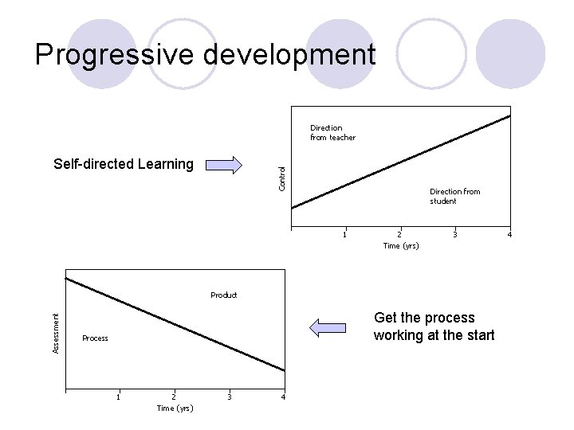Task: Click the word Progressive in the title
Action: pos(104,54)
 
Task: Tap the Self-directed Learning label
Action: pos(123,165)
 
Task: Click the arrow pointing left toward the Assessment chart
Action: pos(328,327)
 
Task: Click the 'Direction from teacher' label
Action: pos(332,132)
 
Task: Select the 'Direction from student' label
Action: pos(454,196)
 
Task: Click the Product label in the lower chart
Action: pos(223,295)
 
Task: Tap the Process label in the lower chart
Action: pos(95,338)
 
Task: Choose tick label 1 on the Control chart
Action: pos(344,235)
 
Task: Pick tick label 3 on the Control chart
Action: pos(454,235)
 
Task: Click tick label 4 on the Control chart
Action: pos(509,235)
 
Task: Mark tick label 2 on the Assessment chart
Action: pos(174,397)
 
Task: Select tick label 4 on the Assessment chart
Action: pos(283,397)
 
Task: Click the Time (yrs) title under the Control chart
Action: pos(400,246)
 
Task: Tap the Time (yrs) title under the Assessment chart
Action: pos(175,408)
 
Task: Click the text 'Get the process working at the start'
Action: pos(434,326)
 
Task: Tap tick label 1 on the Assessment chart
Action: pos(119,397)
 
